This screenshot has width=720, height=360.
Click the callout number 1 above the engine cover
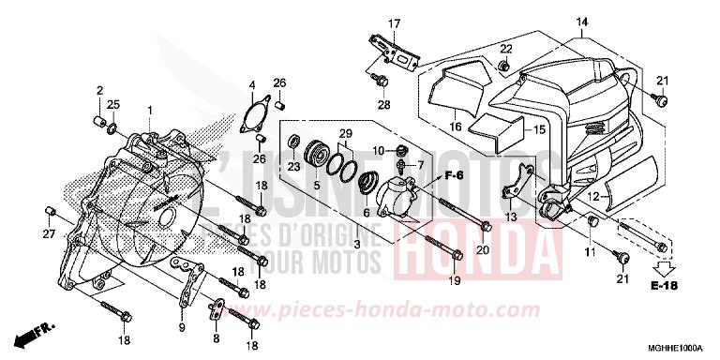(x=148, y=111)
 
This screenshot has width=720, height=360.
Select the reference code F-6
(x=429, y=174)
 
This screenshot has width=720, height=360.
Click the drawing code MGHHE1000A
(x=675, y=348)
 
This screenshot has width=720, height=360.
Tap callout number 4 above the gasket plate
(x=251, y=85)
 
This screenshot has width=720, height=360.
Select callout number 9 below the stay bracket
(x=182, y=328)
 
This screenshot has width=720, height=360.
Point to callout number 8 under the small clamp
(x=215, y=337)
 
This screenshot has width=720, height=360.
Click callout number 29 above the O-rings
(x=344, y=134)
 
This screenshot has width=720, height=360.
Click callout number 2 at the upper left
(x=98, y=90)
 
